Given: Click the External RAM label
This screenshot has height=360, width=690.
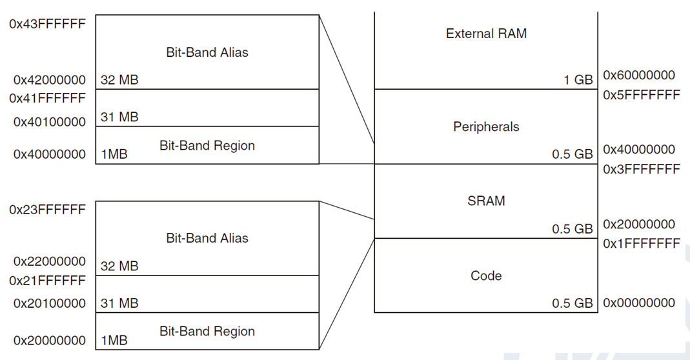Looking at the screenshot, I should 486,34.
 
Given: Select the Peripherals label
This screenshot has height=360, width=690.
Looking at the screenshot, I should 486,126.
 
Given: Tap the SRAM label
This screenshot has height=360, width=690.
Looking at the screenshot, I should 486,201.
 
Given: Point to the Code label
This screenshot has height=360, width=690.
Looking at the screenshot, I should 486,275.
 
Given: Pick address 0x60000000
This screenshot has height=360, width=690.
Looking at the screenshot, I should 639,75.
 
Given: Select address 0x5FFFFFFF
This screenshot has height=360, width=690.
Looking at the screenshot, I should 642,95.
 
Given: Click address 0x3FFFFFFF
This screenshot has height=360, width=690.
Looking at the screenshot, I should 642,169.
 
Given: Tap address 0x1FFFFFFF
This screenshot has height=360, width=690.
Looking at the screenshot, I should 642,243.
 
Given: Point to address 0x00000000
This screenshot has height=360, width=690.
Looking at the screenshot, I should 639,303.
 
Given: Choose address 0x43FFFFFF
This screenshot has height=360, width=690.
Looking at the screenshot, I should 48,24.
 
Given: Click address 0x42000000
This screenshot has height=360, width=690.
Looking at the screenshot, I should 49,80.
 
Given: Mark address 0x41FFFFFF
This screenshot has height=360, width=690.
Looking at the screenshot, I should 48,98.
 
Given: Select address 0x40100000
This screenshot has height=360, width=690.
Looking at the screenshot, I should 49,121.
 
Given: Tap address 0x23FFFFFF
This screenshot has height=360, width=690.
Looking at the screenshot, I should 48,210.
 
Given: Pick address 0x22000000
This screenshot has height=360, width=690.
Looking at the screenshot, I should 49,262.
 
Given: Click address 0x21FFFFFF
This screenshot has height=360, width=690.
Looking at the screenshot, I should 48,281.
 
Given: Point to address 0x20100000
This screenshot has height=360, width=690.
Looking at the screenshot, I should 49,303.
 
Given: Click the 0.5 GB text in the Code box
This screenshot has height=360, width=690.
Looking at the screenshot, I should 572,303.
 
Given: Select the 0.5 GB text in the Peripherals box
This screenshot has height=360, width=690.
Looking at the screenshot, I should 572,154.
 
